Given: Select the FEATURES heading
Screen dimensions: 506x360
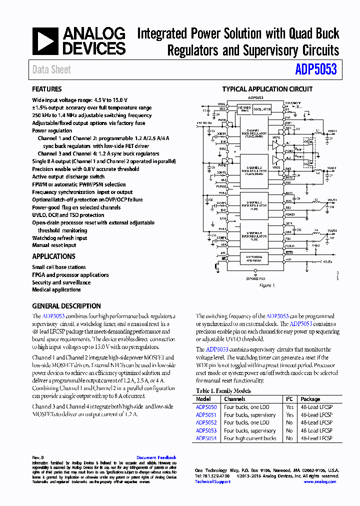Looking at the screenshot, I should click(x=47, y=89).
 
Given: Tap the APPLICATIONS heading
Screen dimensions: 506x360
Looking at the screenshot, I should click(x=53, y=256).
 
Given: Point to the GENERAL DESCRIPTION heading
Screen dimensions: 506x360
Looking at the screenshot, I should click(x=66, y=306).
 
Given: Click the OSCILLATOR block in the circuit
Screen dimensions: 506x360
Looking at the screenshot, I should click(x=261, y=109).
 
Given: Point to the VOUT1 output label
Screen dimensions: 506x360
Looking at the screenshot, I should click(x=331, y=130).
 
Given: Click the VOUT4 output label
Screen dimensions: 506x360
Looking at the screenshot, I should click(x=331, y=230).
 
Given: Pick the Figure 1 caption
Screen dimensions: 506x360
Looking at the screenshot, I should click(x=267, y=285).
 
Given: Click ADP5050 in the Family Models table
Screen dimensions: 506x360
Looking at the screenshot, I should click(x=206, y=407).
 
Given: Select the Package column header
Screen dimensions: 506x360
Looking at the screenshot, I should click(x=310, y=399).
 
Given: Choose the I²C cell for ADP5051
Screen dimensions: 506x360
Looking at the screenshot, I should click(x=289, y=415).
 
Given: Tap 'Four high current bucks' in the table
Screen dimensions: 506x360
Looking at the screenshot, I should click(x=250, y=438).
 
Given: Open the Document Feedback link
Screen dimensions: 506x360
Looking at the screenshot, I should click(x=156, y=457).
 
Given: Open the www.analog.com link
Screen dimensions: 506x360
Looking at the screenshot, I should click(x=319, y=481).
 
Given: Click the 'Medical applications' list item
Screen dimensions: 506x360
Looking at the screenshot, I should click(x=56, y=289).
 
